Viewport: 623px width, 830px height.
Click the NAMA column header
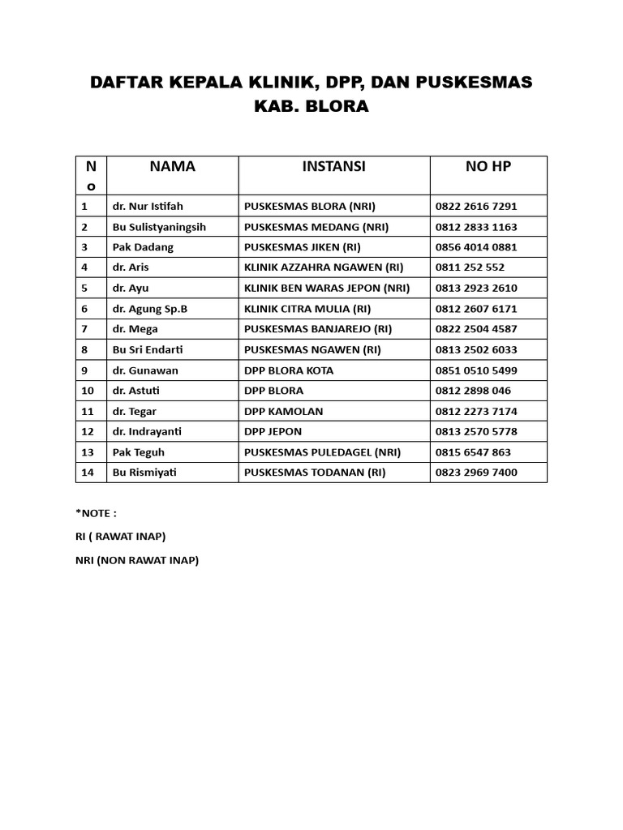[x=172, y=166]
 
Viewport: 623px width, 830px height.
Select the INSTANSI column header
[x=333, y=166]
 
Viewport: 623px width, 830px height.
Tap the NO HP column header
[x=488, y=166]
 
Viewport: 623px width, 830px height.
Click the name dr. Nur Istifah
[x=148, y=206]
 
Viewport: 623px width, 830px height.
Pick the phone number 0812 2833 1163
[x=476, y=227]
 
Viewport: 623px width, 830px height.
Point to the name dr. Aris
[x=131, y=267]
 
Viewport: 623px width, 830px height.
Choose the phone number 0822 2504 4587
[x=476, y=329]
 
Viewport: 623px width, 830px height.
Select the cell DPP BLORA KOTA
[x=289, y=370]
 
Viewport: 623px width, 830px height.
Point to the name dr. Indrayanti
[x=146, y=432]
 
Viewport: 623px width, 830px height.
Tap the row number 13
[x=88, y=452]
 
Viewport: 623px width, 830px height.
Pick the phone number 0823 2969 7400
[x=476, y=473]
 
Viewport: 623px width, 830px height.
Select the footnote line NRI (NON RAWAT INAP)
[x=137, y=560]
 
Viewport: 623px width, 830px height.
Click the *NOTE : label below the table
[x=96, y=512]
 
